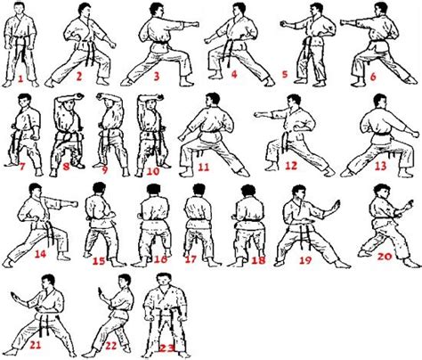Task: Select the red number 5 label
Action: [x=283, y=74]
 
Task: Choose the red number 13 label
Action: [x=381, y=167]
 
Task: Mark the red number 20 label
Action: [x=384, y=256]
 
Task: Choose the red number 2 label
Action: [x=78, y=78]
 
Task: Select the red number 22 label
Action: [x=113, y=346]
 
